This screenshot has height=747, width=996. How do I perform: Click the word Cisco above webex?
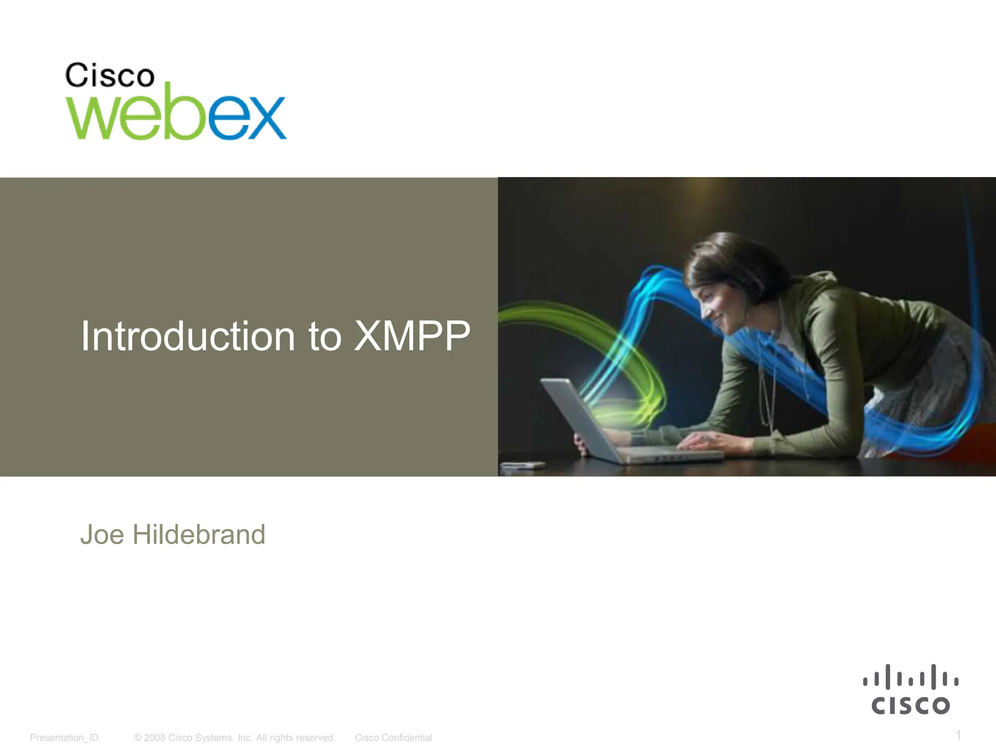pos(110,76)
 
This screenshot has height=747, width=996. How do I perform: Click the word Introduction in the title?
pos(188,336)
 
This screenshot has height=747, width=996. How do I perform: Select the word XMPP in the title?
pos(412,336)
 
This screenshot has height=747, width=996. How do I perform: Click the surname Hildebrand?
pos(198,535)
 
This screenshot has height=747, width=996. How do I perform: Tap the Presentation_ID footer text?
pos(64,738)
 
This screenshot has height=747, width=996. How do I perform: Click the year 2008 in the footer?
pos(154,738)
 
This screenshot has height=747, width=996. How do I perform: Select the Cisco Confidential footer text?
pos(393,738)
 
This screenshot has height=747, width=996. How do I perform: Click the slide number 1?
pos(958,734)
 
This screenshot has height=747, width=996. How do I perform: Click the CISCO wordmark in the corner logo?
pos(910,706)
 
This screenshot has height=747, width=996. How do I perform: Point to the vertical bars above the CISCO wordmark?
pos(910,677)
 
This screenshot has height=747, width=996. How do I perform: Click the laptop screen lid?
pos(579,418)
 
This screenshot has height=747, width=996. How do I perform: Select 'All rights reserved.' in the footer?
pos(296,738)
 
